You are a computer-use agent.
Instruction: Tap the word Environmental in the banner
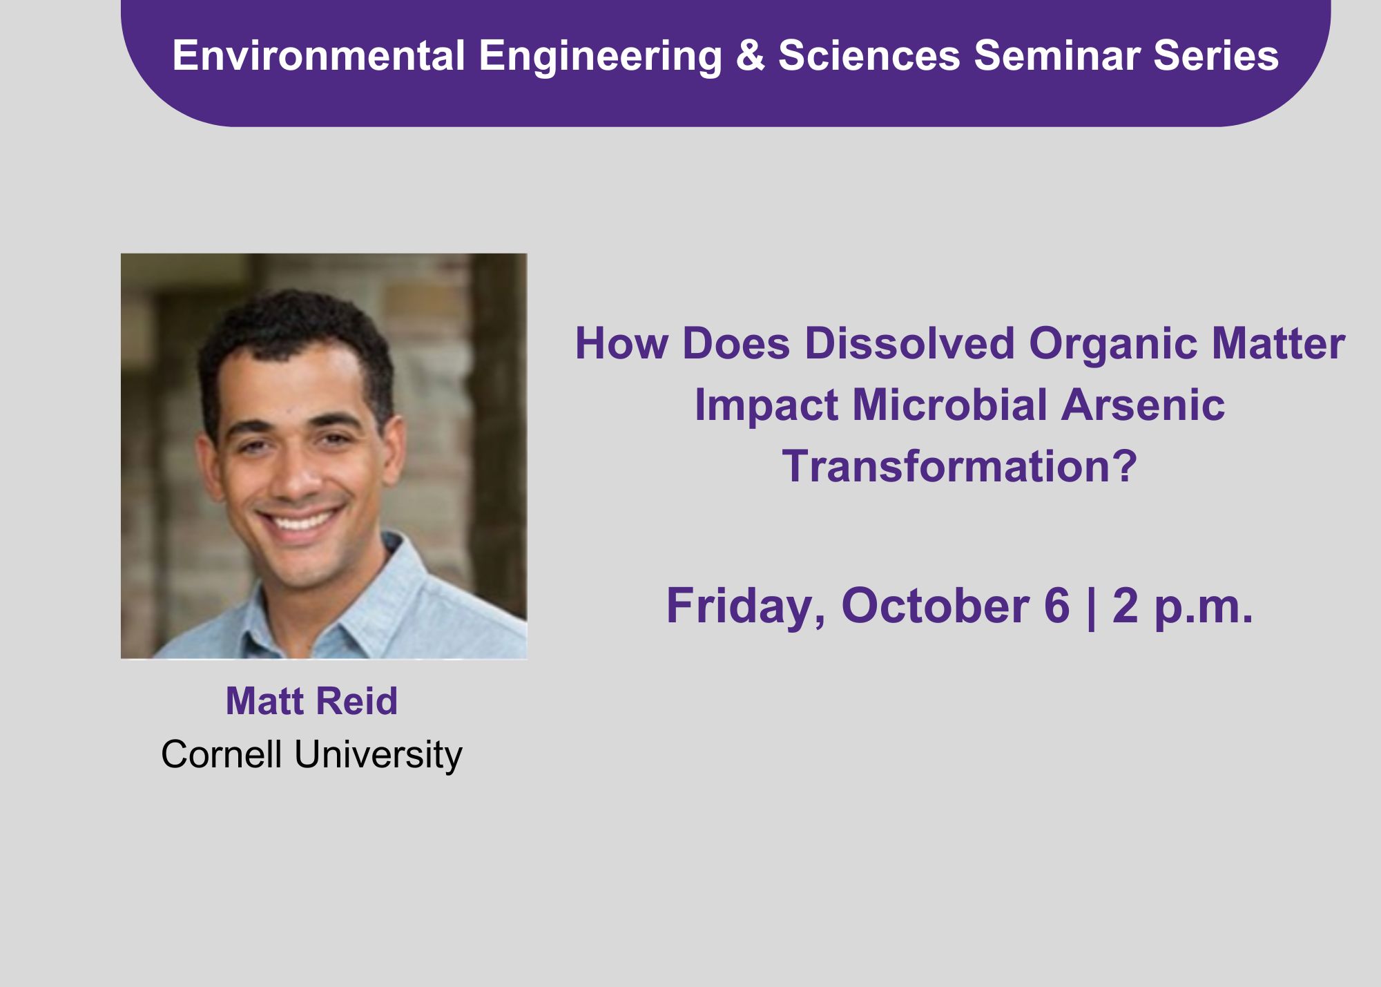pos(319,55)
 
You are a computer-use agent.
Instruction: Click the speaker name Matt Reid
pos(312,701)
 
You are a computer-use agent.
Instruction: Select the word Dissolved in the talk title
pos(910,343)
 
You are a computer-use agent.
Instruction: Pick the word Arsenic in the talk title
pos(1143,405)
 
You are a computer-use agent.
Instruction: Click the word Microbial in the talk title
pos(950,405)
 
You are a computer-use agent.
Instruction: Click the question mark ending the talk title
pos(1124,466)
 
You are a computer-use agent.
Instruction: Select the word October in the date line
pos(936,606)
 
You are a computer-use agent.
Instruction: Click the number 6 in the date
pos(1057,606)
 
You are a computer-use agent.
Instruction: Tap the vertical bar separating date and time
pos(1091,608)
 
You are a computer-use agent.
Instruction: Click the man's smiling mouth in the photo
pos(301,519)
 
